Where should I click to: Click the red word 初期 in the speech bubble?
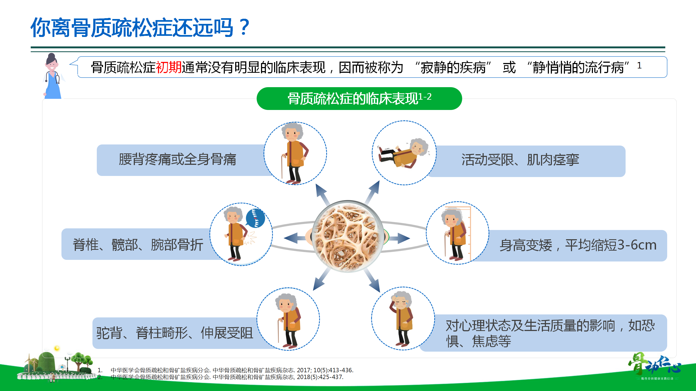point(169,67)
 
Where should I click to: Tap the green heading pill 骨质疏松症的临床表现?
point(359,98)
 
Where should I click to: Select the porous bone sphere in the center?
point(348,236)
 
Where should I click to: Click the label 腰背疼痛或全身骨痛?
point(178,159)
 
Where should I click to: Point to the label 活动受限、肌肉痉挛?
point(520,160)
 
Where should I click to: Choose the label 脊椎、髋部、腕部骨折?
point(138,245)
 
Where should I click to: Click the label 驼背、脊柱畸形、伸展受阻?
point(175,333)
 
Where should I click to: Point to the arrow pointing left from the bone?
point(295,238)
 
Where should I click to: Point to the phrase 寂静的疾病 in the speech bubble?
point(453,67)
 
